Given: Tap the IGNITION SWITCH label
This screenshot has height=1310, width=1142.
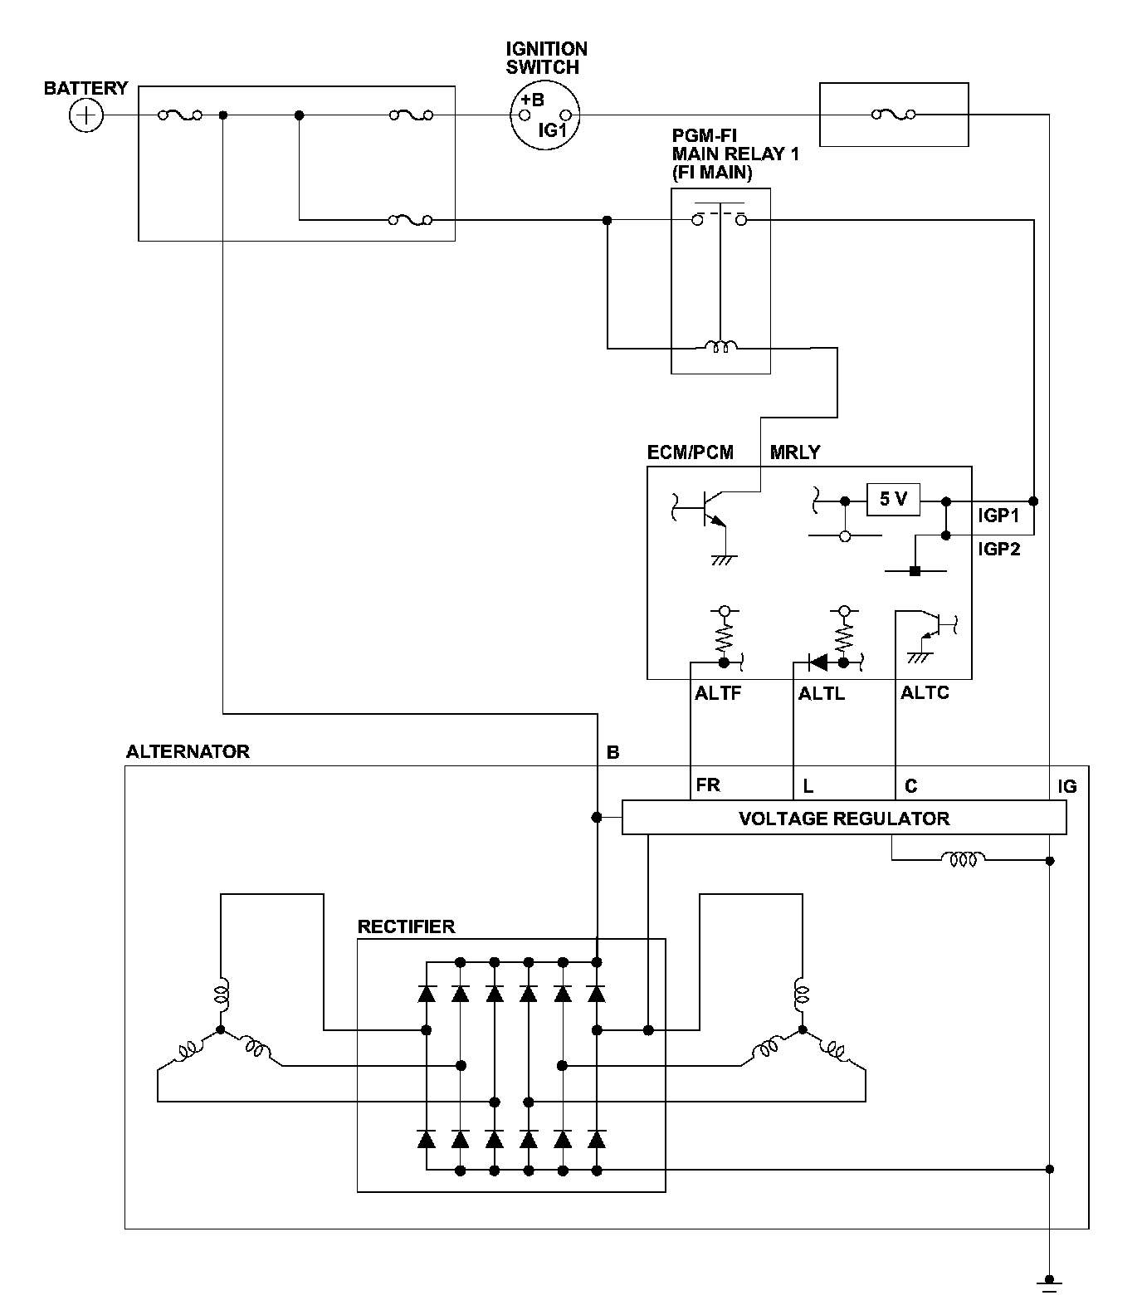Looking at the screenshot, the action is point(546,58).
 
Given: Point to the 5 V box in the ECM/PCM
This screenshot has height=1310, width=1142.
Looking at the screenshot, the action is point(894,500).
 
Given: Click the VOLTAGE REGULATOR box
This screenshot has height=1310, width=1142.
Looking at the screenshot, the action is point(844,818).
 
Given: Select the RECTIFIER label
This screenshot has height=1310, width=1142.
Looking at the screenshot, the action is point(406,926).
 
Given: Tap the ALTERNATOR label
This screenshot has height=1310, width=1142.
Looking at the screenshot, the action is point(188,751).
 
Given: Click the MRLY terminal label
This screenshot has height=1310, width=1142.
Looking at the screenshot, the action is point(795,452).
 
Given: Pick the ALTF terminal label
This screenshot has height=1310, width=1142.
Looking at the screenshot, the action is point(717,693).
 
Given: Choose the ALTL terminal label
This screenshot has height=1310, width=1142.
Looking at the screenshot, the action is point(822,693).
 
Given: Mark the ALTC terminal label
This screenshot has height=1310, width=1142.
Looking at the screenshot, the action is point(925,693).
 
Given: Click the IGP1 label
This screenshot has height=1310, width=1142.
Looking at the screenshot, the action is point(998,516).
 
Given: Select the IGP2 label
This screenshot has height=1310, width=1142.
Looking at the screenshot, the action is point(998,549).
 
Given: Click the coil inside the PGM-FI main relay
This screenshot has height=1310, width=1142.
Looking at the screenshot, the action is point(720,346).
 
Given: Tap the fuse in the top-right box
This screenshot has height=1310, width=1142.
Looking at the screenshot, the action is point(893,115).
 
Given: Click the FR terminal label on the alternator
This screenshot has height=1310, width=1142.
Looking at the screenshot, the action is point(708,785).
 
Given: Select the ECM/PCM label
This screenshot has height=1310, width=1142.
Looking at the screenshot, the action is point(691,452).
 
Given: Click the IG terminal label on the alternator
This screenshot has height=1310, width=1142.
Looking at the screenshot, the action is point(1067,785).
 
